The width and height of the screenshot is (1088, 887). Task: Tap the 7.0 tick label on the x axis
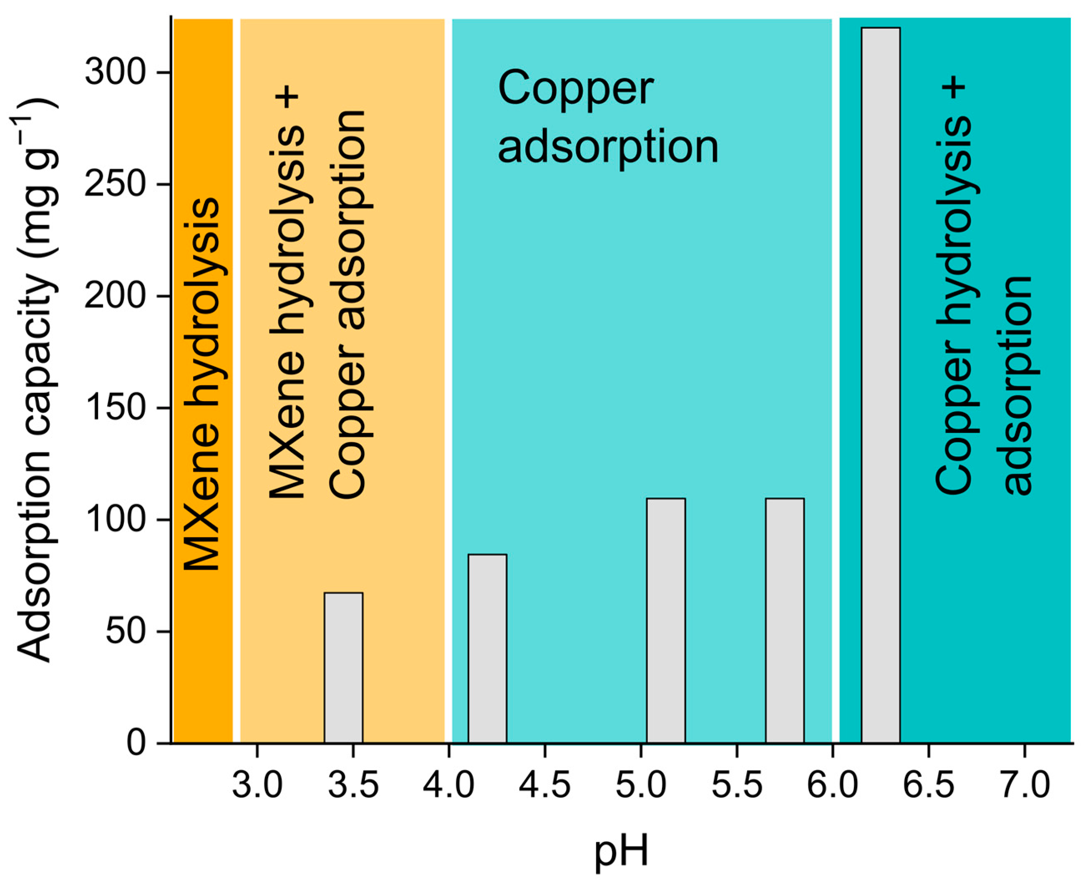[1024, 785]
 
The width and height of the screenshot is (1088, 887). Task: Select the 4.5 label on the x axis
[545, 785]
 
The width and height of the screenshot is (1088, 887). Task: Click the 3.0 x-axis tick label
[257, 785]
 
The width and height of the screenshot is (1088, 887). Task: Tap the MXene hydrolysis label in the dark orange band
[202, 383]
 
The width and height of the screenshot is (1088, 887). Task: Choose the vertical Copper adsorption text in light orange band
[348, 304]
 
